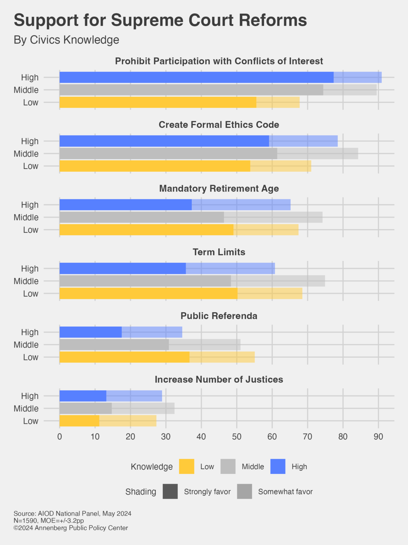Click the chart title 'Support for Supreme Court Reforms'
tap(160, 20)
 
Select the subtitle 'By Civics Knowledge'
tap(66, 40)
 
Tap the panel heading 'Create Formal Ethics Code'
tap(219, 125)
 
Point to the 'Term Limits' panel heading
tap(219, 252)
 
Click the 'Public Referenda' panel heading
tap(219, 316)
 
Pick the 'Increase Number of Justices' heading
tap(219, 380)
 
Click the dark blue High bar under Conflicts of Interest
tap(196, 77)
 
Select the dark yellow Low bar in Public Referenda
tap(124, 357)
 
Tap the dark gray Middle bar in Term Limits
tap(145, 281)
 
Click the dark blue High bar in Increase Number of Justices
tap(83, 396)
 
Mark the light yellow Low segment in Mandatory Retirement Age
tap(266, 230)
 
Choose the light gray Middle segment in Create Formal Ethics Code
tap(317, 154)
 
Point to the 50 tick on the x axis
tap(237, 437)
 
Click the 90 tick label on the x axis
tap(378, 437)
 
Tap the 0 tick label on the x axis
tap(59, 437)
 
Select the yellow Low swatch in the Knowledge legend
tap(186, 466)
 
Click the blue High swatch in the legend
tap(278, 466)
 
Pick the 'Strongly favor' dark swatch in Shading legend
tap(170, 492)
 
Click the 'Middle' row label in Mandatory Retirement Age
tap(26, 218)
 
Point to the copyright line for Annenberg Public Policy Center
tap(71, 528)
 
